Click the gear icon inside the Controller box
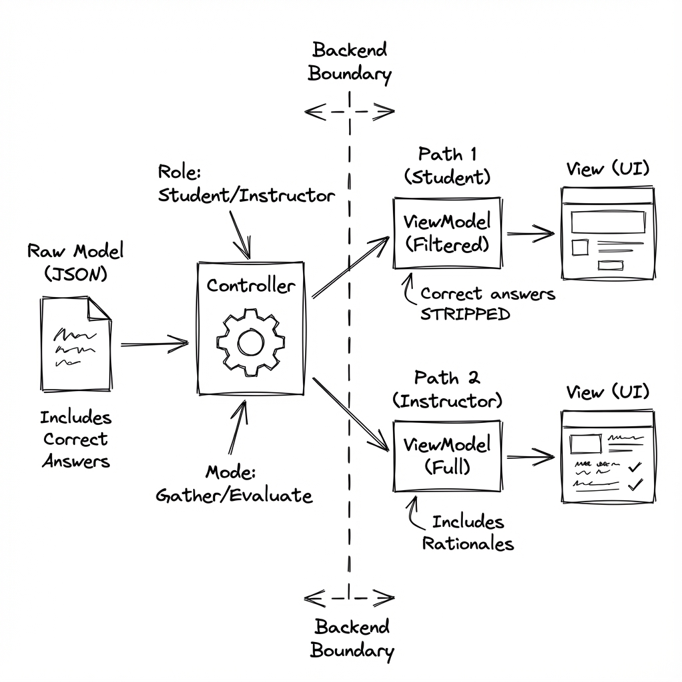tap(250, 343)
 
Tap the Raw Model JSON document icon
tap(75, 344)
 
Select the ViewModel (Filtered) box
tap(447, 233)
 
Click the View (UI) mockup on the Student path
tap(605, 233)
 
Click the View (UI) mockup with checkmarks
tap(605, 456)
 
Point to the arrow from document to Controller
tap(155, 344)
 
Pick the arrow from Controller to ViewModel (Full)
tap(351, 414)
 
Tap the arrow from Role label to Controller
tap(240, 234)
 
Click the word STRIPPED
tap(465, 314)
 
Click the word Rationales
tap(468, 543)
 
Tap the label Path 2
tap(447, 378)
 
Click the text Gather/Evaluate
tap(234, 496)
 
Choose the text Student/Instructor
tap(246, 196)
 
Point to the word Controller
tap(250, 286)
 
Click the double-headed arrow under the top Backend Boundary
tap(350, 113)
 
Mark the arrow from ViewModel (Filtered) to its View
tap(529, 233)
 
